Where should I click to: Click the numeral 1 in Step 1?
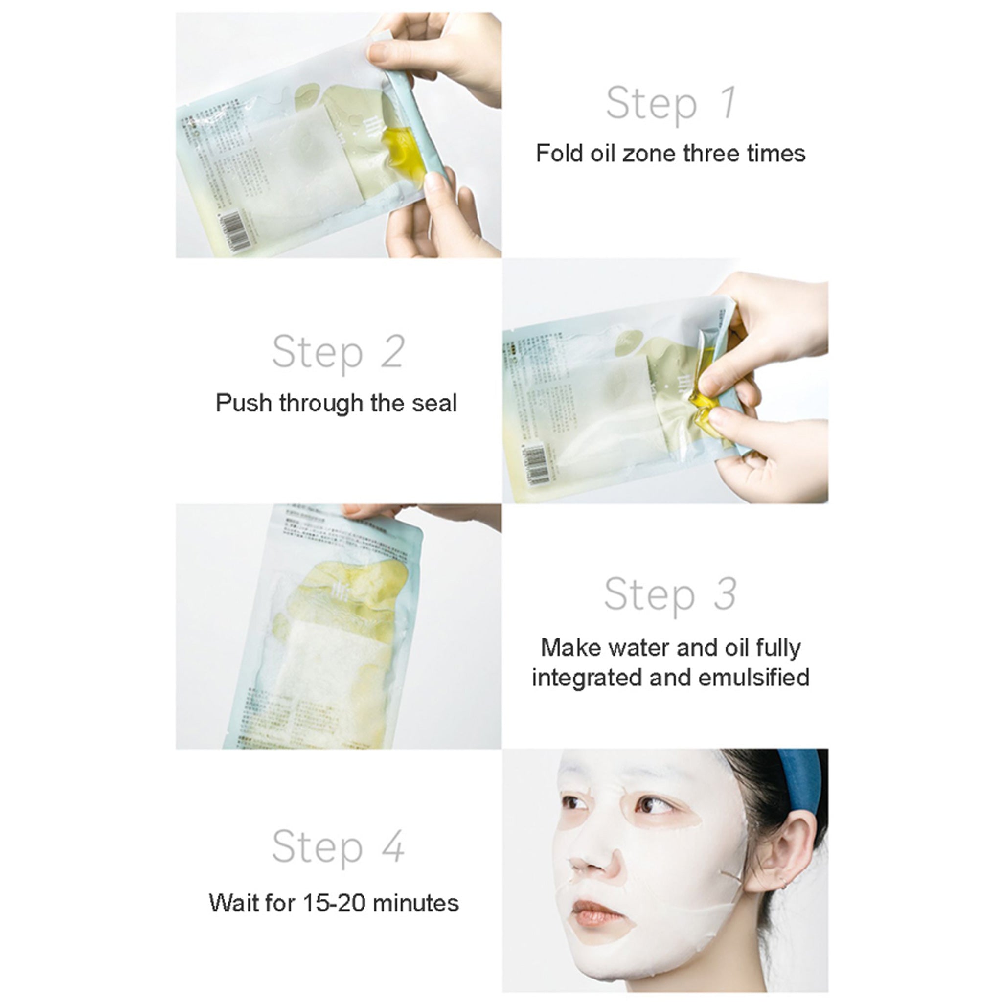pyautogui.click(x=728, y=103)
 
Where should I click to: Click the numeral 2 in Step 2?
pyautogui.click(x=392, y=352)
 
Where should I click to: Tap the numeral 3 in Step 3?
pyautogui.click(x=725, y=594)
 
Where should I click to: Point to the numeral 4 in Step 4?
pyautogui.click(x=392, y=846)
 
